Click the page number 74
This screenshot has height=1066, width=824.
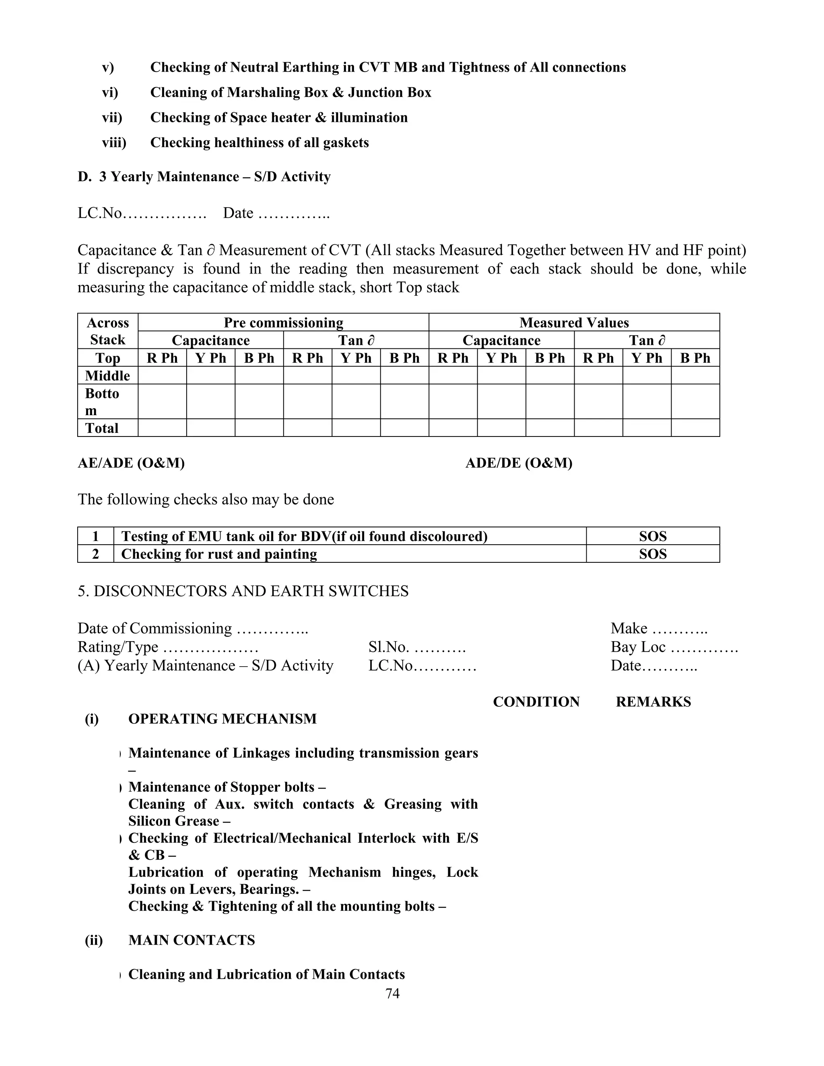[x=392, y=993]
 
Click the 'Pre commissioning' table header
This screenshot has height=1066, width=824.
[x=283, y=323]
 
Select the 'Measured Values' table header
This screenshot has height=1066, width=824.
[x=574, y=323]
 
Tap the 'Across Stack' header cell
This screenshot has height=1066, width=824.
[x=108, y=331]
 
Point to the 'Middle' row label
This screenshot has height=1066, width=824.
[x=107, y=375]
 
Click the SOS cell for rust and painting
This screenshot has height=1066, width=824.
[x=652, y=554]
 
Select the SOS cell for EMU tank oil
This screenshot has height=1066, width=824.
[x=652, y=536]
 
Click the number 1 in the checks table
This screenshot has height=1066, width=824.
[x=96, y=536]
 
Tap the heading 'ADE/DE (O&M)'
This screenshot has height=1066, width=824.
[x=518, y=463]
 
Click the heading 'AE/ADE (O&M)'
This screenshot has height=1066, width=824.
[x=131, y=463]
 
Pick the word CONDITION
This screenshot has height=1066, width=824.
[x=536, y=702]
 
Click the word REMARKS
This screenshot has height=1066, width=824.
[x=653, y=702]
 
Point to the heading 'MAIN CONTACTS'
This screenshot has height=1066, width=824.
[x=192, y=940]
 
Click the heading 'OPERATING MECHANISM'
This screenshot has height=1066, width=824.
[x=222, y=719]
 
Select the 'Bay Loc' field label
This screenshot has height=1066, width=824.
[x=638, y=647]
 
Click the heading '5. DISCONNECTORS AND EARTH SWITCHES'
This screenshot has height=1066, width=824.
[x=243, y=591]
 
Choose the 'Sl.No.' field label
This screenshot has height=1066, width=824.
[x=388, y=647]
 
